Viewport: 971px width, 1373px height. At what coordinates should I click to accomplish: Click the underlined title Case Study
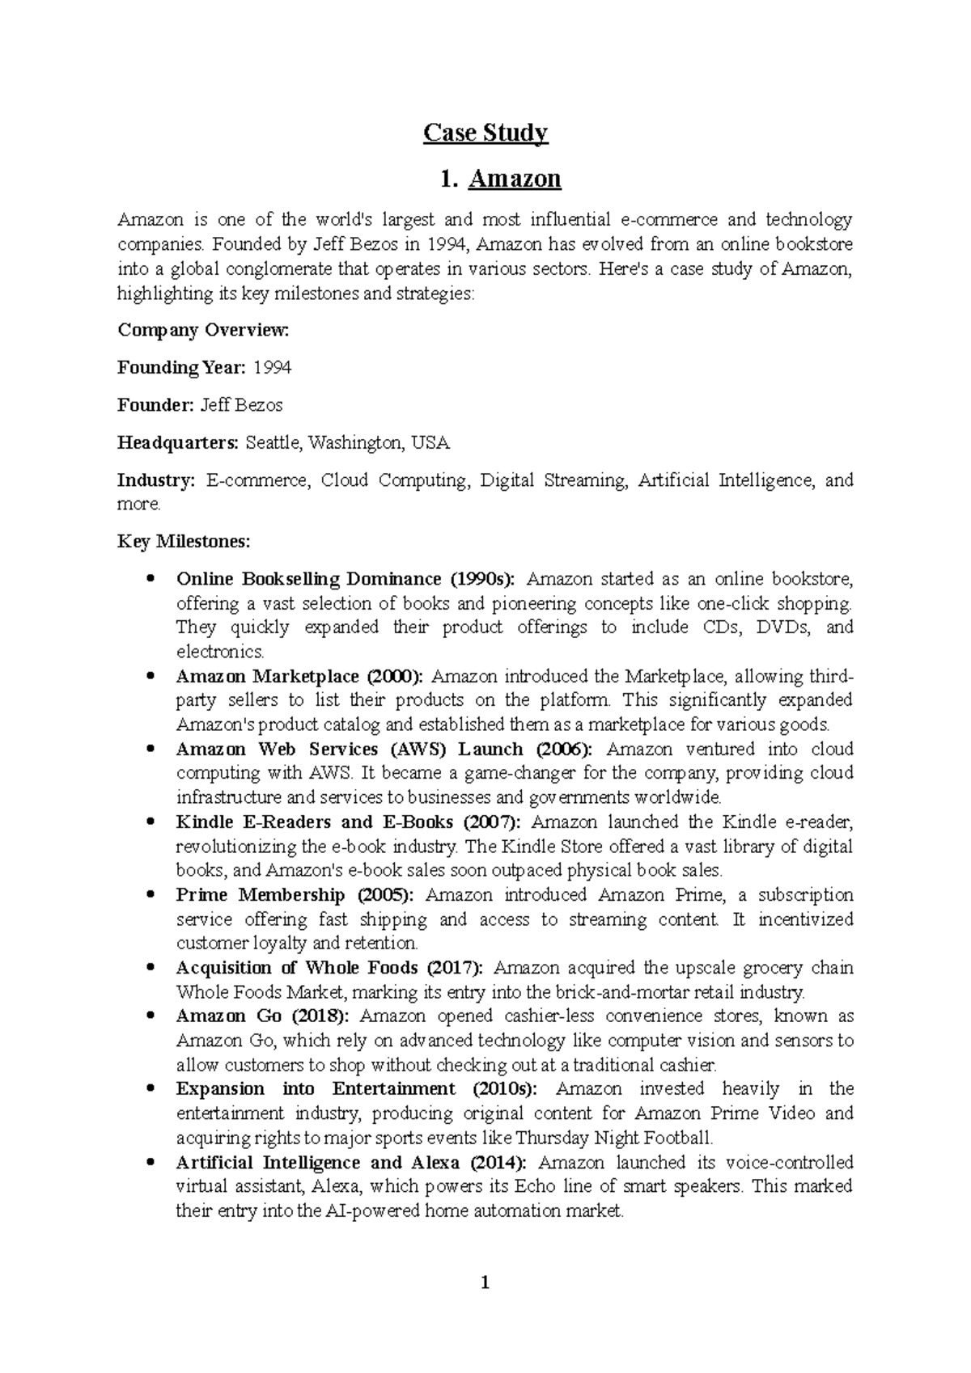pyautogui.click(x=485, y=133)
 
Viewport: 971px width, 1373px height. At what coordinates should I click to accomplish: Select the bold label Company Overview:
pyautogui.click(x=203, y=331)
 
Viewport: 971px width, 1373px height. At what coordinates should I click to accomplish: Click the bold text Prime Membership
pyautogui.click(x=260, y=895)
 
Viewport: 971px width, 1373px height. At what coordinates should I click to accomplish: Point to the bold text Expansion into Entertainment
pyautogui.click(x=316, y=1089)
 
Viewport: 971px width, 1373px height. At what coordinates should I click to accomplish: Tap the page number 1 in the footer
pyautogui.click(x=485, y=1282)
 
